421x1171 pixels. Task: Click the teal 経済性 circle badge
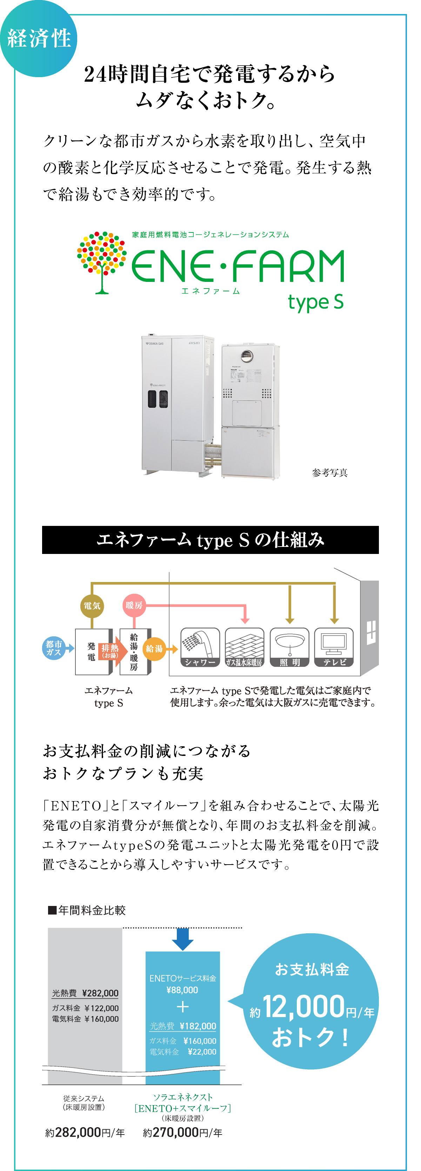(x=39, y=38)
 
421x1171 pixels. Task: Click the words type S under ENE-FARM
(x=315, y=302)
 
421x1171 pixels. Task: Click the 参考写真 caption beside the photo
(x=330, y=473)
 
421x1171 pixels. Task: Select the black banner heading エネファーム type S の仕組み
(x=210, y=540)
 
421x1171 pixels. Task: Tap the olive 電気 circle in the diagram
(x=92, y=605)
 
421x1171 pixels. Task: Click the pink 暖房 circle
(x=134, y=605)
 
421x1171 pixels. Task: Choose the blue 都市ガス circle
(x=54, y=648)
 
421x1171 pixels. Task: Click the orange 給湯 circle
(x=154, y=649)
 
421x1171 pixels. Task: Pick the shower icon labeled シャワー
(x=200, y=647)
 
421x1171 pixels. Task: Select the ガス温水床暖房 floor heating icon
(x=245, y=647)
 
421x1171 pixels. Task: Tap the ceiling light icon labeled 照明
(x=289, y=647)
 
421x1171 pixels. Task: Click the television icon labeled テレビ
(x=334, y=647)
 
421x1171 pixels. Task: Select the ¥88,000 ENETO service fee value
(x=182, y=990)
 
